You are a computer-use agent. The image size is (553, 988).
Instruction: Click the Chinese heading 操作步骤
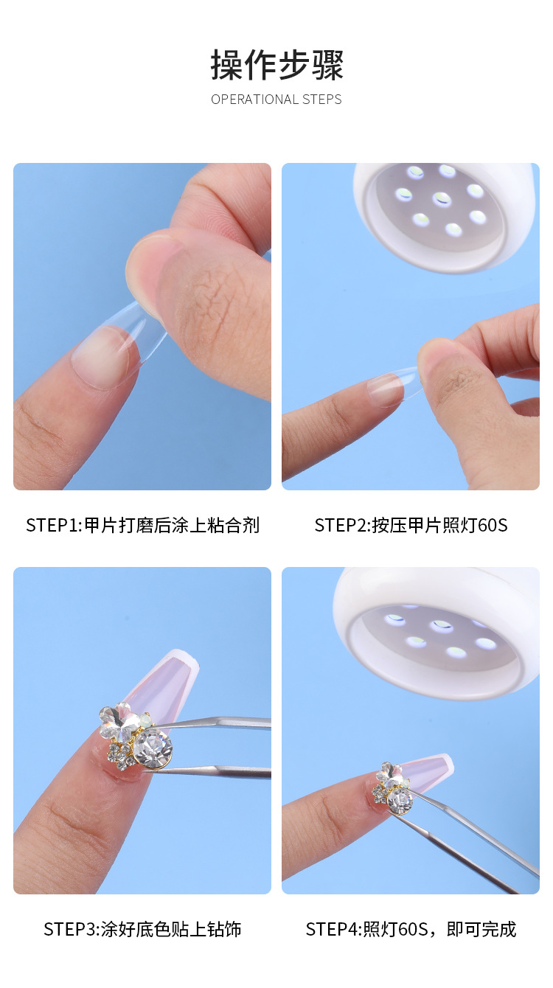coord(276,65)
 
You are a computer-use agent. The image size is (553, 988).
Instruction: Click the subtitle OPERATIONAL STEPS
coord(276,100)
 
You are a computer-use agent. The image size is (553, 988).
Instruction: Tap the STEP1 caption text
coord(142,525)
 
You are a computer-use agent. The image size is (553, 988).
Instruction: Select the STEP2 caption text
coord(411,525)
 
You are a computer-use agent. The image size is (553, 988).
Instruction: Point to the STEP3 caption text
coord(142,929)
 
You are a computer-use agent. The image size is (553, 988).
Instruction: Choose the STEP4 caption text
coord(411,929)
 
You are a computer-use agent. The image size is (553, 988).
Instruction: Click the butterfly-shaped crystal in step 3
coord(122,720)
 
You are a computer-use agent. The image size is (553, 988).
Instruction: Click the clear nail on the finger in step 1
coord(103,354)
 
